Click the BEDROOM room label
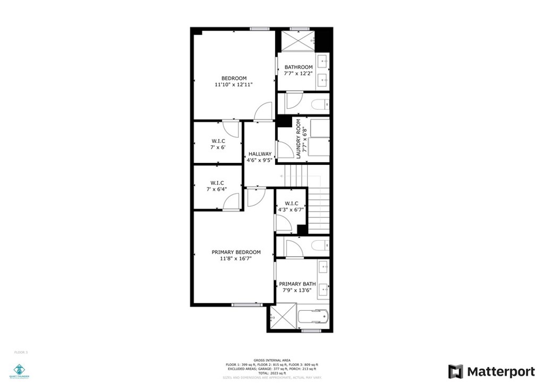pyautogui.click(x=234, y=78)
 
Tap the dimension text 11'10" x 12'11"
pyautogui.click(x=234, y=85)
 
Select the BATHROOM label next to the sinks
pyautogui.click(x=298, y=67)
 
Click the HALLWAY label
pyautogui.click(x=260, y=154)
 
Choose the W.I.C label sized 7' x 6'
pyautogui.click(x=218, y=141)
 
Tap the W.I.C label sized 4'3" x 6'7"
pyautogui.click(x=291, y=204)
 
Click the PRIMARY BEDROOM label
pyautogui.click(x=236, y=252)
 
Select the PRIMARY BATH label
pyautogui.click(x=297, y=284)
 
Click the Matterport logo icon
pyautogui.click(x=455, y=371)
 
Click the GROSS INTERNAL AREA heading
pyautogui.click(x=271, y=360)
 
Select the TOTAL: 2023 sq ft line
pyautogui.click(x=271, y=373)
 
